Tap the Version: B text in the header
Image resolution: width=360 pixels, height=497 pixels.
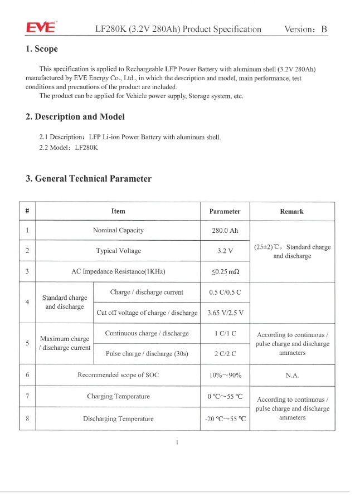pyautogui.click(x=305, y=29)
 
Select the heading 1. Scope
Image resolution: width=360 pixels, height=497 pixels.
pyautogui.click(x=42, y=50)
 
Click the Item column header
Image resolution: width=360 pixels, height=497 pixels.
pyautogui.click(x=118, y=212)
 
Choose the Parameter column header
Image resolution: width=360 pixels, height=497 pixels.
pyautogui.click(x=225, y=212)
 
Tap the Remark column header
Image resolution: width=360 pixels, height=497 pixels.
pyautogui.click(x=292, y=212)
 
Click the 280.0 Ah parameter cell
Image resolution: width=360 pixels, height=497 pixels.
pyautogui.click(x=225, y=231)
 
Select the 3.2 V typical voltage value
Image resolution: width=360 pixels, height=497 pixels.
pyautogui.click(x=225, y=251)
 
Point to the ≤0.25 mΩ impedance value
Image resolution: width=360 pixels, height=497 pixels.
pyautogui.click(x=225, y=272)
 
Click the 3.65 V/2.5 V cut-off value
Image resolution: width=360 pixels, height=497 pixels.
pyautogui.click(x=225, y=313)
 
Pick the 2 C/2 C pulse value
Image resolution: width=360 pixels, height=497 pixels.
pyautogui.click(x=225, y=353)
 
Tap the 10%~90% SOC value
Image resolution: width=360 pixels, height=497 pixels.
pyautogui.click(x=225, y=375)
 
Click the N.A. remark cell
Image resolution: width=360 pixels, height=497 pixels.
pyautogui.click(x=292, y=375)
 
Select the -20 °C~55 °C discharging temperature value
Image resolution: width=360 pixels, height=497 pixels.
pyautogui.click(x=225, y=419)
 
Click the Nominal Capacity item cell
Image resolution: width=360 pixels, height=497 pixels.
pyautogui.click(x=118, y=231)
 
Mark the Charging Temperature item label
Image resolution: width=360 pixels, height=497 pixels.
pyautogui.click(x=118, y=397)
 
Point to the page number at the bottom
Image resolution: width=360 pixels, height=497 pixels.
pyautogui.click(x=176, y=442)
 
